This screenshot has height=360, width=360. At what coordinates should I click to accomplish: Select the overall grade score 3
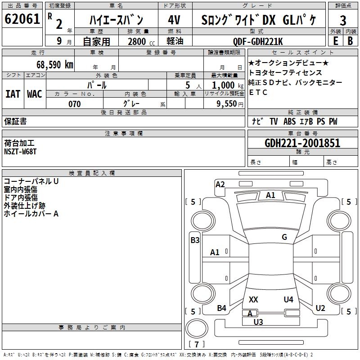(343, 20)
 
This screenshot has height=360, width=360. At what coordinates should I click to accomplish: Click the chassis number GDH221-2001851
(302, 143)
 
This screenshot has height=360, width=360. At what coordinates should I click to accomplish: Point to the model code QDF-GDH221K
(258, 41)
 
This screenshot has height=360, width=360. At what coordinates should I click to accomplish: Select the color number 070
(74, 104)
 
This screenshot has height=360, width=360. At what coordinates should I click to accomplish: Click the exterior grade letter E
(335, 41)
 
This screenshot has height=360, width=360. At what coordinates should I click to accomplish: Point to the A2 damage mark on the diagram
(220, 184)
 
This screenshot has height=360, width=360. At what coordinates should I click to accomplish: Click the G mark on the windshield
(284, 237)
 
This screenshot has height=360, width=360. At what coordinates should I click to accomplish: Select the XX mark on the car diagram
(253, 299)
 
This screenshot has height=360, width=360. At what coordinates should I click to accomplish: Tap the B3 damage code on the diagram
(195, 240)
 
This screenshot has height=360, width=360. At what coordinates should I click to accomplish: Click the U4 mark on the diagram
(288, 299)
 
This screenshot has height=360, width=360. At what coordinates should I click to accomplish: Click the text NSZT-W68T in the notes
(20, 151)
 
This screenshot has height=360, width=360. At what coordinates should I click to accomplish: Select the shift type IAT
(13, 94)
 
